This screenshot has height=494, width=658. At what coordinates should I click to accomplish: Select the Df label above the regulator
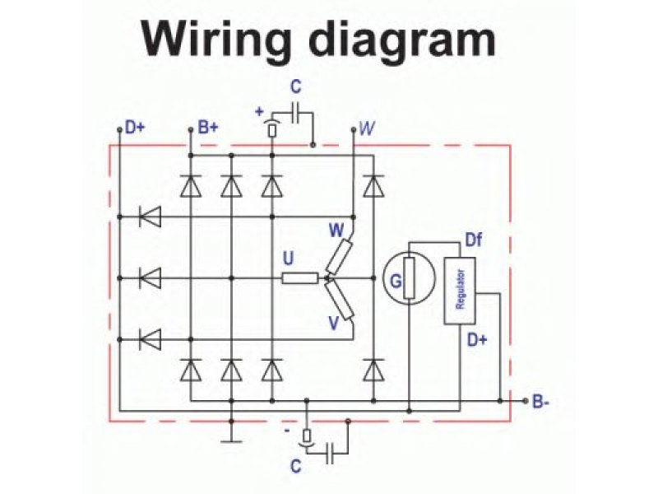pyautogui.click(x=474, y=240)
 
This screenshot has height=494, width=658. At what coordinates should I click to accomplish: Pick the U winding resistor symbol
pyautogui.click(x=299, y=278)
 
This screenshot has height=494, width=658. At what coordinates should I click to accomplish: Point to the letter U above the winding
pyautogui.click(x=288, y=259)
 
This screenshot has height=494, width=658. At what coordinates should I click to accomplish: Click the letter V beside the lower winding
pyautogui.click(x=334, y=323)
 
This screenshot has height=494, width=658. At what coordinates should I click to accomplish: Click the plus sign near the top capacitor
pyautogui.click(x=260, y=110)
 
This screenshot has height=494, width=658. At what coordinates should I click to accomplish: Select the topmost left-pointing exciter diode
pyautogui.click(x=150, y=217)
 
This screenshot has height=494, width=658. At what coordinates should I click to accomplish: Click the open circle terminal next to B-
pyautogui.click(x=526, y=401)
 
